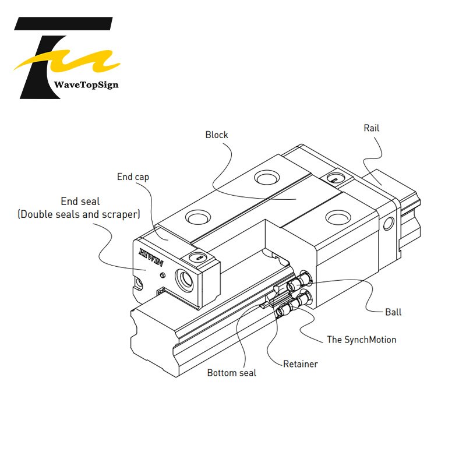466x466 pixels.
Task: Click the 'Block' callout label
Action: [x=217, y=135]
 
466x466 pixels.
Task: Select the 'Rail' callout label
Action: [x=372, y=128]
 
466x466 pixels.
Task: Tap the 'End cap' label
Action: [x=133, y=177]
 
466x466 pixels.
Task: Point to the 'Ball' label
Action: [x=393, y=312]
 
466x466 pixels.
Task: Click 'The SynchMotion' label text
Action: [x=362, y=340]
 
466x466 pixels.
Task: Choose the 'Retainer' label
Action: [x=301, y=363]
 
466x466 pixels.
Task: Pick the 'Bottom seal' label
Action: [x=231, y=373]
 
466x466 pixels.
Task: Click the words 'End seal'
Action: [x=80, y=201]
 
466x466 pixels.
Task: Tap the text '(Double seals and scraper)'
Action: [x=79, y=214]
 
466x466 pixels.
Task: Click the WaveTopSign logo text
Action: [x=86, y=84]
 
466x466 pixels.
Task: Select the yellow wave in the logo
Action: [x=67, y=61]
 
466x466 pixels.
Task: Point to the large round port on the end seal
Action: [x=184, y=280]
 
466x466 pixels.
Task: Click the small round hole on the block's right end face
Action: [x=389, y=224]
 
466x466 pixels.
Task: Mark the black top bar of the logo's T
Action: [x=63, y=23]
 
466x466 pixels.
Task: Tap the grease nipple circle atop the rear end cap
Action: [x=336, y=178]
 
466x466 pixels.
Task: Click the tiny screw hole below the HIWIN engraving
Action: [x=163, y=275]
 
